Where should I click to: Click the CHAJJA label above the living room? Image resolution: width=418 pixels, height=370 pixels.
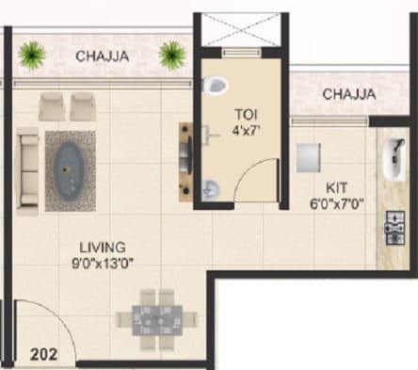pyautogui.click(x=104, y=56)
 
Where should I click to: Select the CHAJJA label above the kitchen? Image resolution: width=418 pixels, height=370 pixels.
pyautogui.click(x=349, y=94)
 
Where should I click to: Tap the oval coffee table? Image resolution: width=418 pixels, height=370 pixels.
pyautogui.click(x=67, y=168)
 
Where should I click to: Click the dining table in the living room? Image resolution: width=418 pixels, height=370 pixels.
pyautogui.click(x=156, y=317)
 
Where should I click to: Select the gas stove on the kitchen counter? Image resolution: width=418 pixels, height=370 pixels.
pyautogui.click(x=392, y=226)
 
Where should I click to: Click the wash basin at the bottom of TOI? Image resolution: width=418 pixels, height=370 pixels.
pyautogui.click(x=213, y=187)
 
